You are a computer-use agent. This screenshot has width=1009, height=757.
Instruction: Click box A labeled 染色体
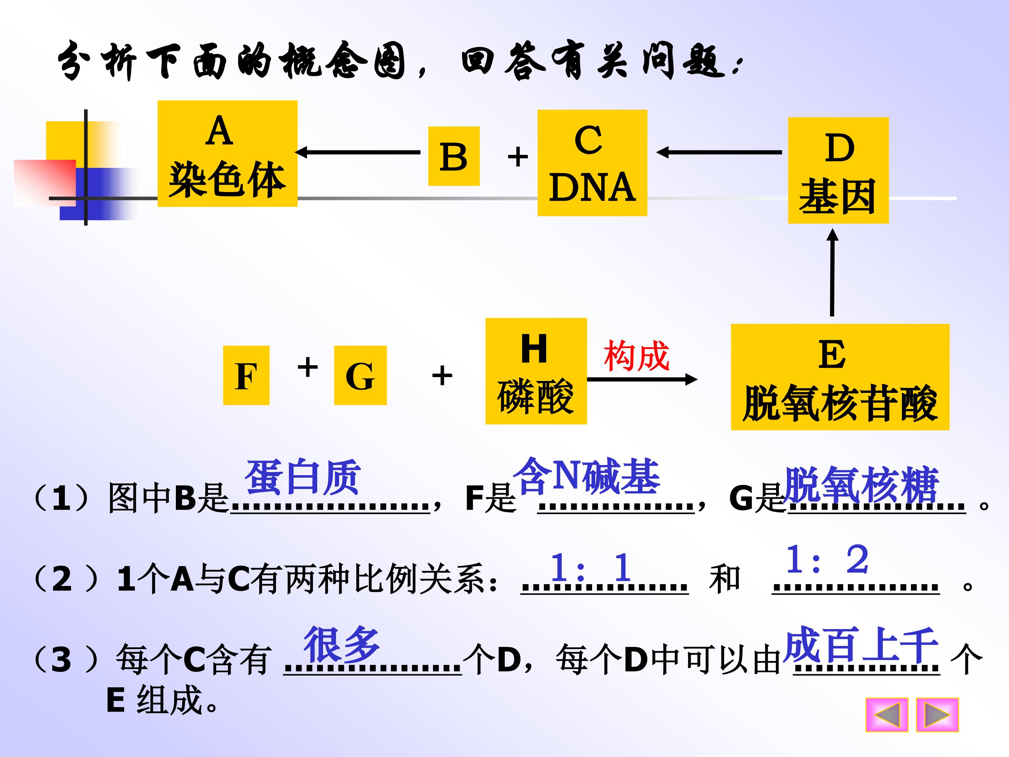click(228, 154)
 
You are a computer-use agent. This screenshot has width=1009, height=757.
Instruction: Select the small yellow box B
click(454, 156)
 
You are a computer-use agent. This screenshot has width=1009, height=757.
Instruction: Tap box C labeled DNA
click(592, 163)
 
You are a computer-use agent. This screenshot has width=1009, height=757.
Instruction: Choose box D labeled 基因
click(838, 171)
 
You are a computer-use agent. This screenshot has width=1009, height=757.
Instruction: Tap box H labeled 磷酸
click(536, 371)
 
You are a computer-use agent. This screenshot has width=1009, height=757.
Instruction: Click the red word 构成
click(637, 356)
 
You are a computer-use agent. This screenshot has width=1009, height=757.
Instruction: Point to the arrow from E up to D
click(832, 272)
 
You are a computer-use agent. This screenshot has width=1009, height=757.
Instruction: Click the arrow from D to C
click(719, 152)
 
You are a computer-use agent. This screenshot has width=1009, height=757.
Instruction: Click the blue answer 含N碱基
click(586, 476)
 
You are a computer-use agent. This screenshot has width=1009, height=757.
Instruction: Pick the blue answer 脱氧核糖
click(861, 484)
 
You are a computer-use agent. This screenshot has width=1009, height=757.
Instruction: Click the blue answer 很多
click(342, 644)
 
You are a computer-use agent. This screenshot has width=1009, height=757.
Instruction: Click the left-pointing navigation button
click(887, 715)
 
